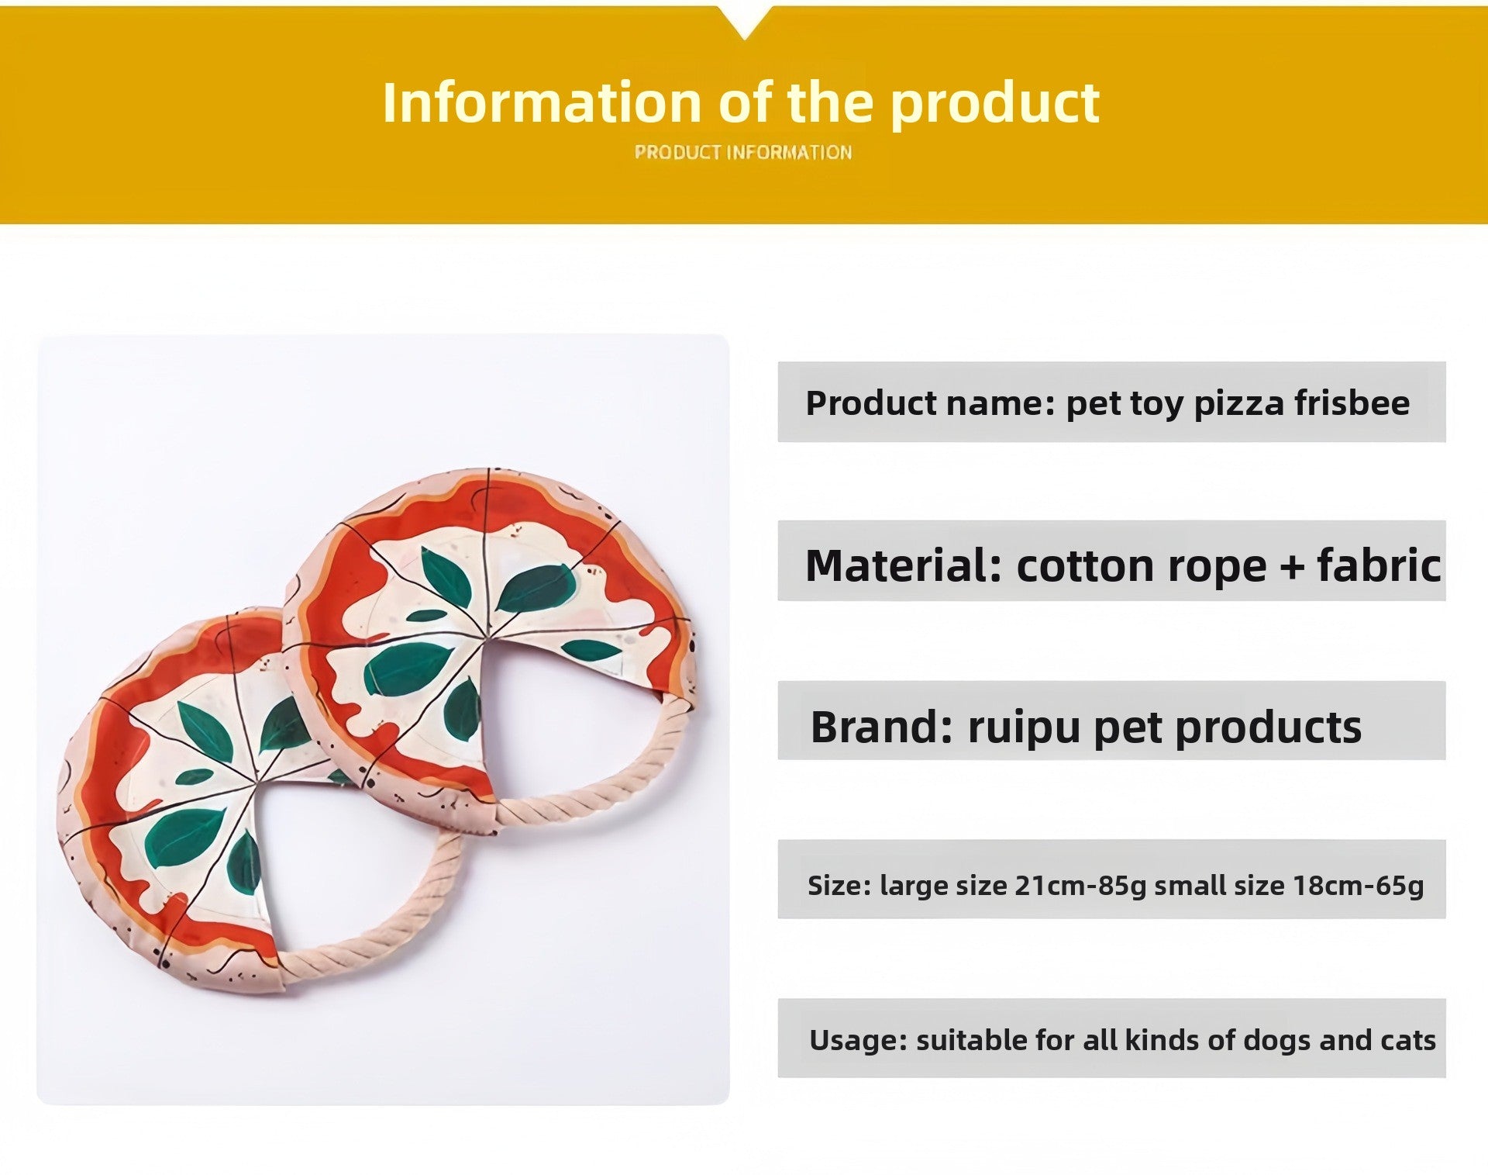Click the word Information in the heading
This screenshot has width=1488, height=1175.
click(x=542, y=102)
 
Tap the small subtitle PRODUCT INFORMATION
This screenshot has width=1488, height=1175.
click(x=743, y=152)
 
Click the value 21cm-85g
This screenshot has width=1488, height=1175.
click(x=1080, y=886)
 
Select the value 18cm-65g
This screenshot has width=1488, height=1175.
click(x=1359, y=886)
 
